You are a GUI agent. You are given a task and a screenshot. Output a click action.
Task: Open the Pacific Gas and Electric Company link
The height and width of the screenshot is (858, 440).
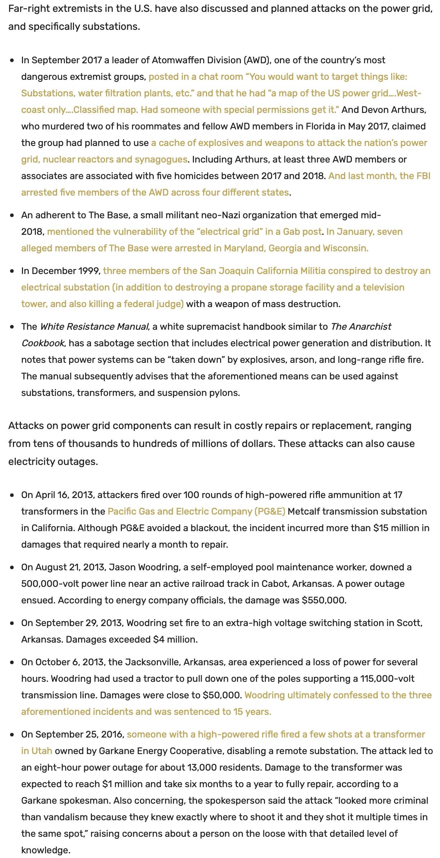click(196, 511)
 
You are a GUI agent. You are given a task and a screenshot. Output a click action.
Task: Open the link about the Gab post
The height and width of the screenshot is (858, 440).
click(184, 232)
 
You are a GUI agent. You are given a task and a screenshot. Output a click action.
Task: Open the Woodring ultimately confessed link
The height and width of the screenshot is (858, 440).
click(338, 695)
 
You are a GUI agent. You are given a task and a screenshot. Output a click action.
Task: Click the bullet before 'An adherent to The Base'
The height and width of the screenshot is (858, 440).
click(13, 215)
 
